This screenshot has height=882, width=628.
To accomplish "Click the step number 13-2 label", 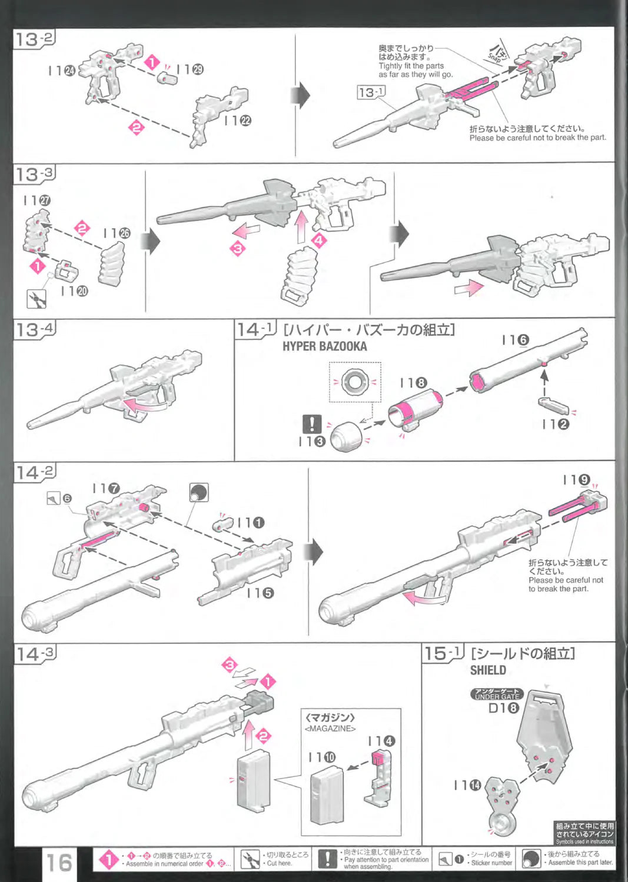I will (x=34, y=40).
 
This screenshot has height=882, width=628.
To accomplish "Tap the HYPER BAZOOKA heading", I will (x=324, y=346).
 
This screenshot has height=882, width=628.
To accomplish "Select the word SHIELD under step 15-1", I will (x=488, y=670).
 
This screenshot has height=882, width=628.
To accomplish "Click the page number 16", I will (x=59, y=863).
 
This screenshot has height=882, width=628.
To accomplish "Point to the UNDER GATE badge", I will (x=497, y=694).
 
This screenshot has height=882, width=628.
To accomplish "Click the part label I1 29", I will (x=190, y=69).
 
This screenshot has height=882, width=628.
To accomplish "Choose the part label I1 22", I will (x=238, y=121).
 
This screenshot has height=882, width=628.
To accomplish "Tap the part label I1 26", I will (x=117, y=233).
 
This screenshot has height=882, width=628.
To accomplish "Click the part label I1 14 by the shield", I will (x=467, y=785).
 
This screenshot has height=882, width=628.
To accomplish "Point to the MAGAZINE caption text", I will (x=330, y=729).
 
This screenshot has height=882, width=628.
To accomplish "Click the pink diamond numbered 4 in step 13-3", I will (x=319, y=240).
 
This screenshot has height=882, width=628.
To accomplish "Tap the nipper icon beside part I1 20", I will (x=37, y=299).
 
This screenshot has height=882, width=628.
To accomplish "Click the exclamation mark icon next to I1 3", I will (x=312, y=424).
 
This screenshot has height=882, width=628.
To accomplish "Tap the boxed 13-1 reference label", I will (x=371, y=92).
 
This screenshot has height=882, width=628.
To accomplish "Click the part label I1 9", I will (x=576, y=480).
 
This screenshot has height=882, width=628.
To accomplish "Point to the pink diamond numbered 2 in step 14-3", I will (x=264, y=736).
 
